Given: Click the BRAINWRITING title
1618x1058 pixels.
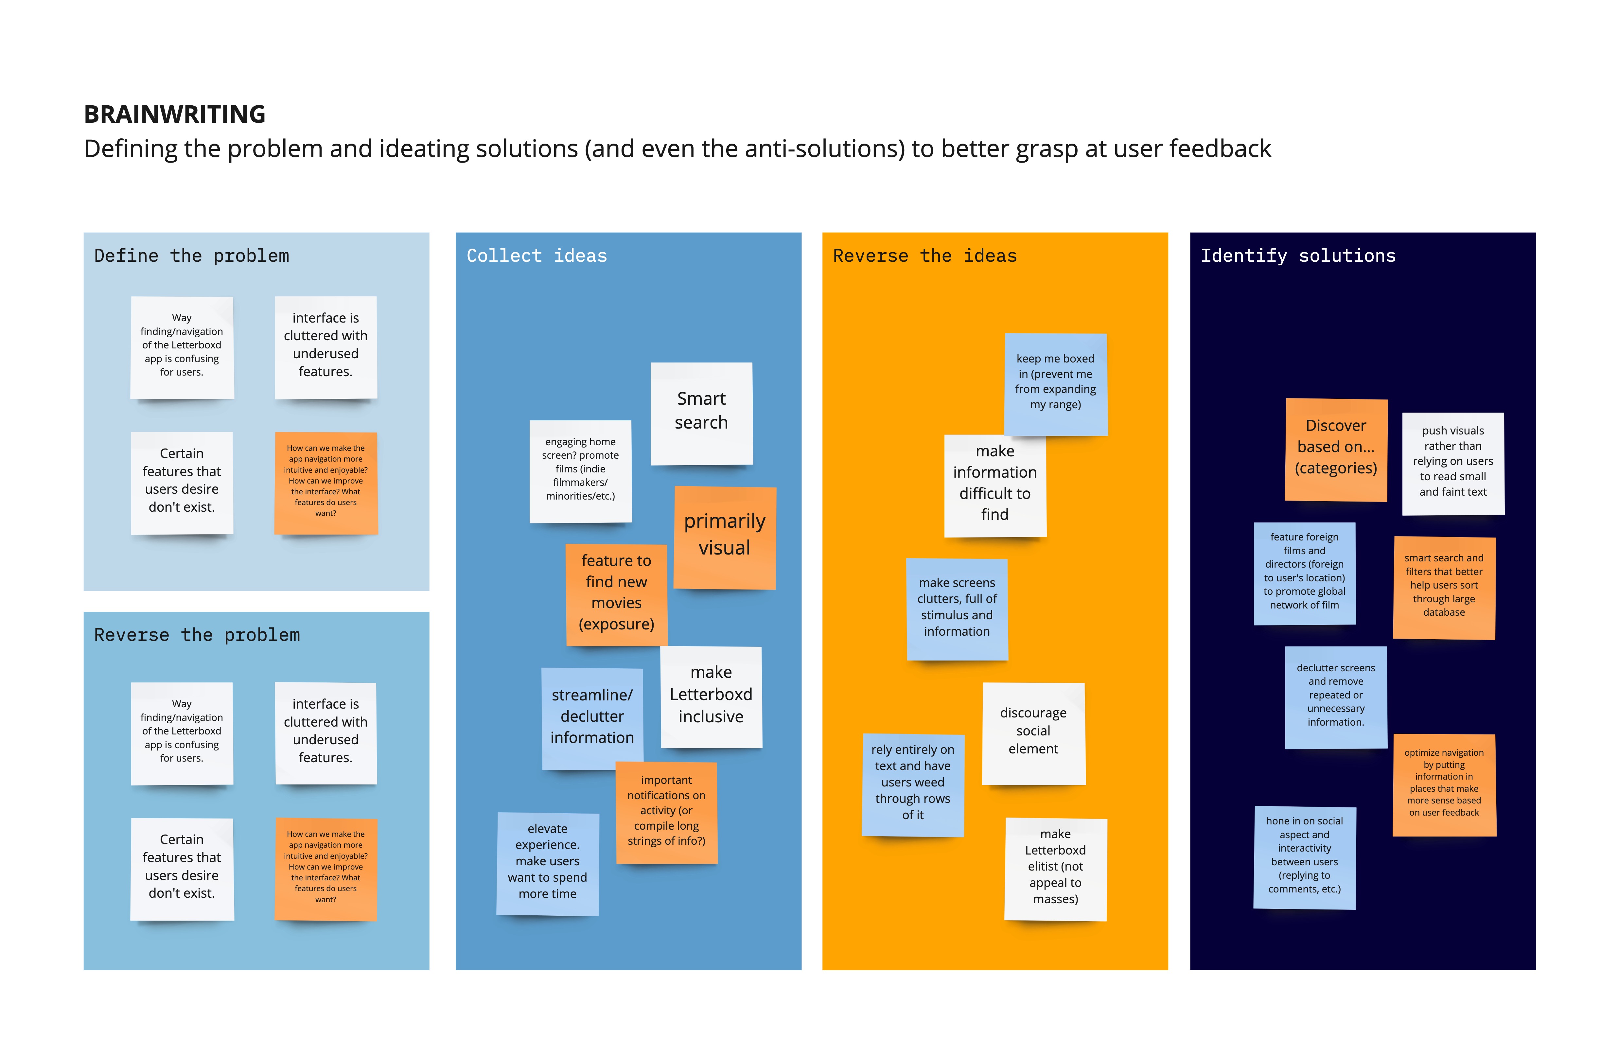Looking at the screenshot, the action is [175, 114].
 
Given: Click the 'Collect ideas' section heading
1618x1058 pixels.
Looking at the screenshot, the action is [536, 256].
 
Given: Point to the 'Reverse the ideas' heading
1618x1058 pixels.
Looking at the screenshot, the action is [924, 256].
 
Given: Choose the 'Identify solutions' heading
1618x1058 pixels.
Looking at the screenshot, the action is [1298, 256].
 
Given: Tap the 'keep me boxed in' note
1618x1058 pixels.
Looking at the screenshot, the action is [1056, 384].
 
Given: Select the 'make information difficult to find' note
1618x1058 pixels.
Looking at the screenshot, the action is [995, 485].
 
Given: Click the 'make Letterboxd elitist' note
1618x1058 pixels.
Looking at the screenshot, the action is [1056, 869].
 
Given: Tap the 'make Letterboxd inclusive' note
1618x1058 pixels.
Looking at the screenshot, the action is [711, 697].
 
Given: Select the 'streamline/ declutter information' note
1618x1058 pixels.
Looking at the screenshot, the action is [592, 719].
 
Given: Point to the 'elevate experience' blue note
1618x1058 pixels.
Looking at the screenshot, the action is [548, 864].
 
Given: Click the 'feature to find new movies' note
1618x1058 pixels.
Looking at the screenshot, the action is [617, 594].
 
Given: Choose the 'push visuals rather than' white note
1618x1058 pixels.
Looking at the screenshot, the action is [1453, 464].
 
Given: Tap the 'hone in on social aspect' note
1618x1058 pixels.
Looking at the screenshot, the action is [1305, 857].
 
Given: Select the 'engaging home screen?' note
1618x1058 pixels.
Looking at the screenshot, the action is [581, 471].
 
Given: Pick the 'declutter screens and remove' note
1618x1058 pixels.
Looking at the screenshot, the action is [1336, 697].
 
